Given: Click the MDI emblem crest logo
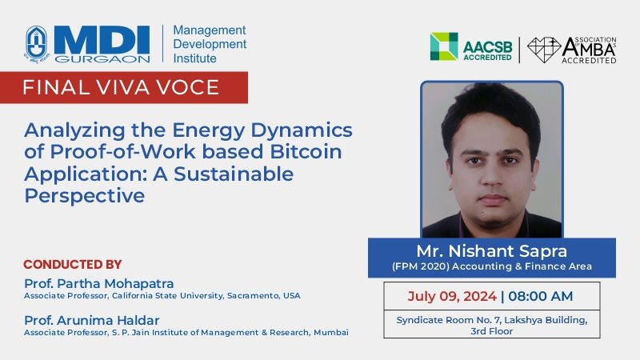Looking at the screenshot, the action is [37, 44].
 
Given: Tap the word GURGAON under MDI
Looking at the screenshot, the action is [102, 58].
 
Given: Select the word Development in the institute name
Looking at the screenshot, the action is [210, 44].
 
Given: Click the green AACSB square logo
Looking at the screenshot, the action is [444, 46].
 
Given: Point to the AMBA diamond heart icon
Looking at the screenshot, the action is [544, 50].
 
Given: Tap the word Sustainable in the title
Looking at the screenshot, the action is [234, 174].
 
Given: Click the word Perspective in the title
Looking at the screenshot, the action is [85, 196].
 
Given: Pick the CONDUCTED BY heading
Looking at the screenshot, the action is [73, 264].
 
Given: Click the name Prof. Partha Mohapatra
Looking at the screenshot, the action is [98, 283].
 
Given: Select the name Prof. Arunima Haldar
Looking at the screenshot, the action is [91, 320].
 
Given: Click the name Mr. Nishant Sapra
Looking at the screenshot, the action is [492, 251].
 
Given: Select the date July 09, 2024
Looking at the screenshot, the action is [452, 296].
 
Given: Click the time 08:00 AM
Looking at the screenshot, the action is [541, 296].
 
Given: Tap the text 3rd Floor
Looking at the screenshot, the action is [491, 331].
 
